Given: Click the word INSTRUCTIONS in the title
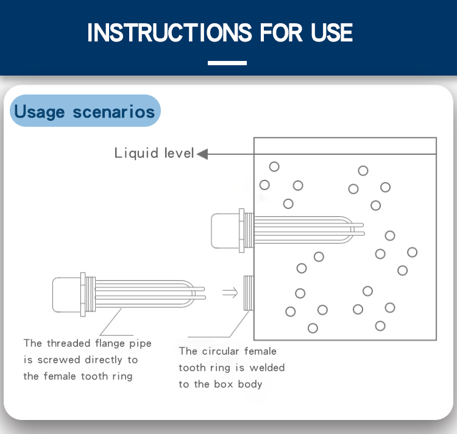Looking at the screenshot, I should tap(168, 32).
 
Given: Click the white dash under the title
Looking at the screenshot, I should tap(227, 63).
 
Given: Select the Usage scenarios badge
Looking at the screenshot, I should tap(85, 112).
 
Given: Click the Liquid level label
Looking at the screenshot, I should tap(154, 153).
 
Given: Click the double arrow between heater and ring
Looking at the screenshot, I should tap(230, 293).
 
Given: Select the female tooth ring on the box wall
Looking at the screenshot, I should tap(249, 293).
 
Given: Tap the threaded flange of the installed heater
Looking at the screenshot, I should tap(245, 230).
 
